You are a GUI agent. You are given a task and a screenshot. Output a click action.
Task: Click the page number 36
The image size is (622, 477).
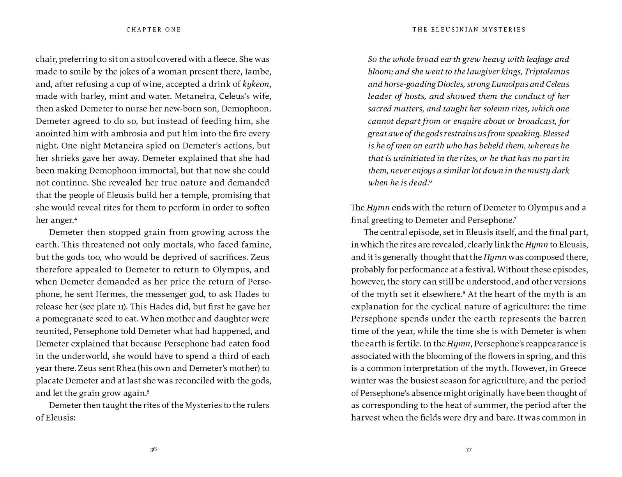[153, 449]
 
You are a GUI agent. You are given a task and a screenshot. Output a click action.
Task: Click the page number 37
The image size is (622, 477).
[468, 450]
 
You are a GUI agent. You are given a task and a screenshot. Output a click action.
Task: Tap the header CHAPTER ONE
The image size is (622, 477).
[154, 30]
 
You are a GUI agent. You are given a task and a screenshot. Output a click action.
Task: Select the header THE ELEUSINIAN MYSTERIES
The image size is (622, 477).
[469, 30]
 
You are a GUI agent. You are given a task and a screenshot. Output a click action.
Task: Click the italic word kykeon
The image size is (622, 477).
[256, 84]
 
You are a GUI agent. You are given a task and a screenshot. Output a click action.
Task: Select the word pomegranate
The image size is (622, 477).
[68, 319]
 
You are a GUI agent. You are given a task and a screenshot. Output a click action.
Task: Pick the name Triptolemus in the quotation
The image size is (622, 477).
[547, 72]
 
